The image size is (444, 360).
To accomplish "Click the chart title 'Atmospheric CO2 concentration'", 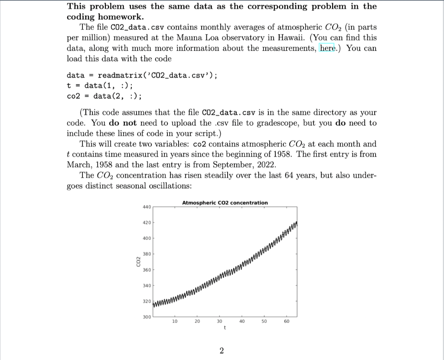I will click(x=225, y=203).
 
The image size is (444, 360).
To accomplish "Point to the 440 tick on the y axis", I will click(x=146, y=207).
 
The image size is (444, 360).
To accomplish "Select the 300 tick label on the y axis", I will click(x=146, y=318).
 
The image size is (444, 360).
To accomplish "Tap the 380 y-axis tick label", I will click(x=146, y=254).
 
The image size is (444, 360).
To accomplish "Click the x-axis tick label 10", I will click(x=175, y=322).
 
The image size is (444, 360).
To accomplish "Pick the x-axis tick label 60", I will click(x=287, y=322).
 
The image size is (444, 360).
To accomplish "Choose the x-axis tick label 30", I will click(x=219, y=322).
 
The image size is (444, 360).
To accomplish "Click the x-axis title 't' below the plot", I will click(x=224, y=328).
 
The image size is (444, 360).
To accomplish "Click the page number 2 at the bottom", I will click(x=222, y=350).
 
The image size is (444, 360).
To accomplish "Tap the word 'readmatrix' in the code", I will click(x=116, y=75).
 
